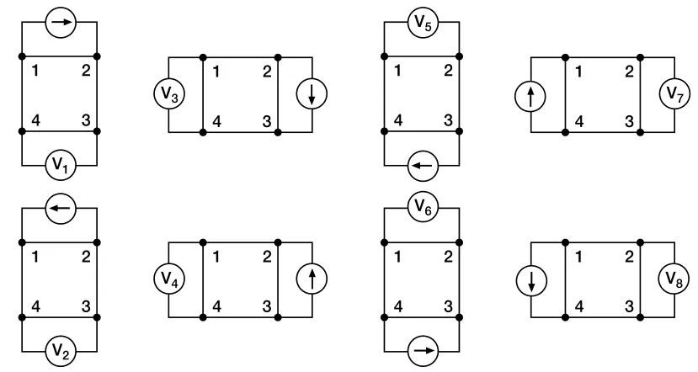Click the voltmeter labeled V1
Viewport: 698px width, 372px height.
point(59,166)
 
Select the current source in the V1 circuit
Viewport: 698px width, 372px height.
point(59,23)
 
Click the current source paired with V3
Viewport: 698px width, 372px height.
point(312,95)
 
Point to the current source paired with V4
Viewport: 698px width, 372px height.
point(312,279)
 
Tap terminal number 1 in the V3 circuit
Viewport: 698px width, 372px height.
point(216,71)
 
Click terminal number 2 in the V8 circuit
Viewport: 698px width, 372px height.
point(627,256)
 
